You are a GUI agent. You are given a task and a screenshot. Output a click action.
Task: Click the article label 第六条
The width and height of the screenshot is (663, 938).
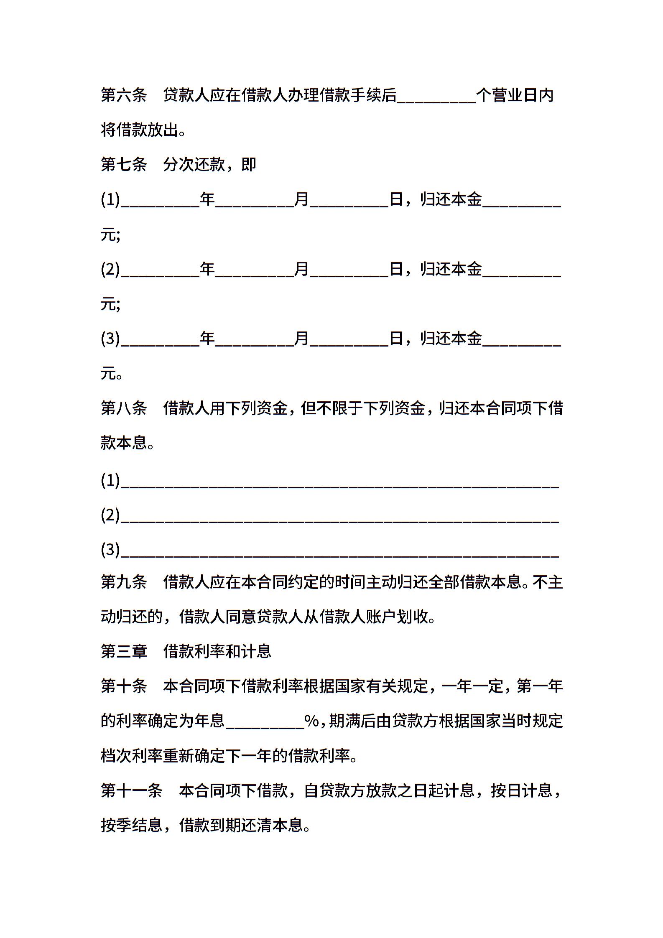[124, 95]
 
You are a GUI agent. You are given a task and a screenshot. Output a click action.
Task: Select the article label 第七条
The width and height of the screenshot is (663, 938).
[124, 164]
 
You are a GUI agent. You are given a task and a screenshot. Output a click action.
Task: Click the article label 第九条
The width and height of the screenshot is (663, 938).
[124, 581]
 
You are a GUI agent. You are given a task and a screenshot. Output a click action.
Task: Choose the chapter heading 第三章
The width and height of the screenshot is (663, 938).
[124, 651]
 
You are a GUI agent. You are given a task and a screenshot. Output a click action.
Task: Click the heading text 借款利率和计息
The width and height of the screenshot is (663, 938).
[217, 651]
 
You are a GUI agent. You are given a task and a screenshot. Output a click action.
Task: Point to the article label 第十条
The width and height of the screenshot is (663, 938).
[124, 686]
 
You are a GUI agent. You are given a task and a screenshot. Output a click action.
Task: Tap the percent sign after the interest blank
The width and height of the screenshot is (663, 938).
[312, 721]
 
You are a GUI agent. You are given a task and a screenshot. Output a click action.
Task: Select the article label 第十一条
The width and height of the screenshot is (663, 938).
[131, 790]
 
